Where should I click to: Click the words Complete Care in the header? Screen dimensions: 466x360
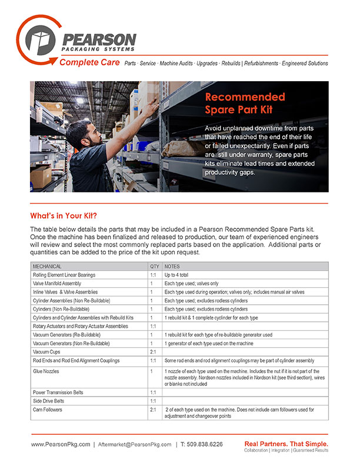[89, 63]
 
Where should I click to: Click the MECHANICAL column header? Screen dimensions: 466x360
[51, 266]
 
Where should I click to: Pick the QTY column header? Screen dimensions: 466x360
[155, 266]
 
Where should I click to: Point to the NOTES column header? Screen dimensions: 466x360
[173, 266]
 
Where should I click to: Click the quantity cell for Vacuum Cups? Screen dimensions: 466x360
[153, 351]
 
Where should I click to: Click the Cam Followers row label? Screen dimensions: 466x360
[48, 408]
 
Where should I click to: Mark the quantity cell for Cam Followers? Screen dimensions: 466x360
[153, 408]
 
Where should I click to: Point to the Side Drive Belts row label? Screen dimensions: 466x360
[49, 400]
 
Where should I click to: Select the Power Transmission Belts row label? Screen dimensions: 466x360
[58, 391]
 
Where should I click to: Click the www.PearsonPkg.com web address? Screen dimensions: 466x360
[61, 445]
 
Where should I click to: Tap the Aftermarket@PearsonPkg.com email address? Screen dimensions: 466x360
[135, 445]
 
